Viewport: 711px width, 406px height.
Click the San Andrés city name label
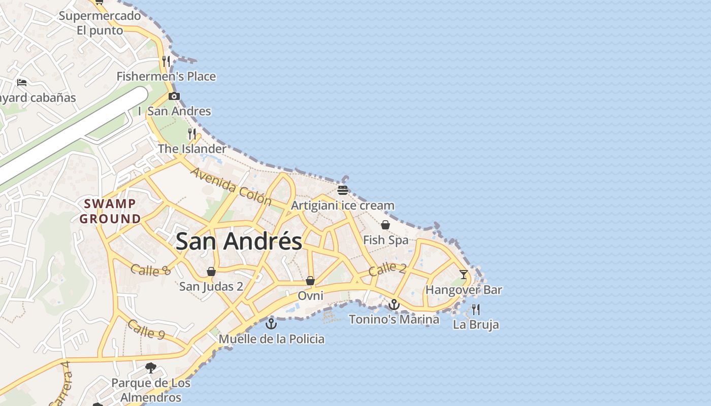[239, 241]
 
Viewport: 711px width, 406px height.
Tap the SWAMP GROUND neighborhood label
[110, 211]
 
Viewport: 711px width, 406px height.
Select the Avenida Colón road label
[231, 186]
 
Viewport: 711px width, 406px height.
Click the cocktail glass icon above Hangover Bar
[464, 275]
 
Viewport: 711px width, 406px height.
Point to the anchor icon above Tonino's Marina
[394, 304]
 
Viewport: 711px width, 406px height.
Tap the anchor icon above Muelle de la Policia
[272, 323]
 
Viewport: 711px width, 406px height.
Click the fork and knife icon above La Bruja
[476, 309]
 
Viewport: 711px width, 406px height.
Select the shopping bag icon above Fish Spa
[385, 225]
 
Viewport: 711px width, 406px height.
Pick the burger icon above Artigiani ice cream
[343, 190]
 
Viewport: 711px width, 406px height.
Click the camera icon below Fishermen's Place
[174, 96]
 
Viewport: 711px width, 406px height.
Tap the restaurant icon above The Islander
[192, 133]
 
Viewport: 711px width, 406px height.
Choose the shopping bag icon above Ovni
[310, 281]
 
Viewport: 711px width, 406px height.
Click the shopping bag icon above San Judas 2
[211, 272]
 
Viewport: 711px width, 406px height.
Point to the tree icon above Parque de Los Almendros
[150, 367]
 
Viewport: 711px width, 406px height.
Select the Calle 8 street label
[150, 270]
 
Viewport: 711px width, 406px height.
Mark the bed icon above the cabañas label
[22, 82]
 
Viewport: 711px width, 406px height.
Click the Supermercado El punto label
[100, 23]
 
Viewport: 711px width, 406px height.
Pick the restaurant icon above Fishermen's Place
[166, 61]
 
